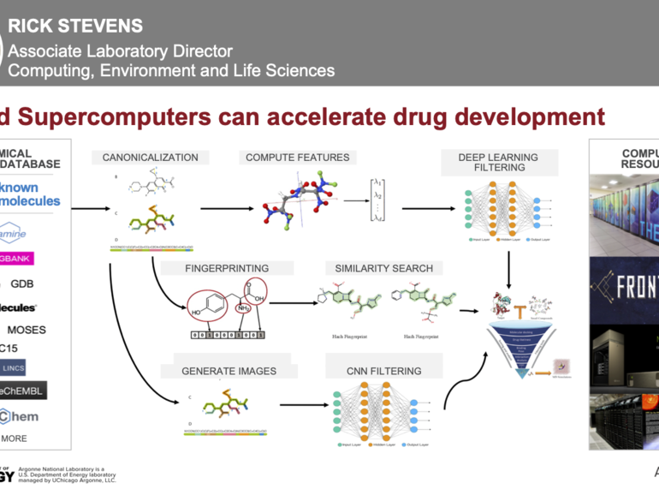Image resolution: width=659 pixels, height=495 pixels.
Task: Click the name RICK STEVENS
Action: tap(75, 27)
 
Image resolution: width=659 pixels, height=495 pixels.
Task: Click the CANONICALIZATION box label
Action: tap(150, 158)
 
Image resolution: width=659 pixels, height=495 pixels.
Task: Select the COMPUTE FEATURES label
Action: tap(297, 158)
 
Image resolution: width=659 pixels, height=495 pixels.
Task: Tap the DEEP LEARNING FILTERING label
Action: tap(498, 162)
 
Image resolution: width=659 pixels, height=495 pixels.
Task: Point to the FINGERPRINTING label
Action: tap(227, 268)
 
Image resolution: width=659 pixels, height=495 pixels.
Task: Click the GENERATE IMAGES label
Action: tap(229, 371)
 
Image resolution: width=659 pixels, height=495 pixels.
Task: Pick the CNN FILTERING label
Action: tap(383, 371)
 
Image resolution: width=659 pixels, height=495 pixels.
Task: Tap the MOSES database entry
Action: tap(27, 330)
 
